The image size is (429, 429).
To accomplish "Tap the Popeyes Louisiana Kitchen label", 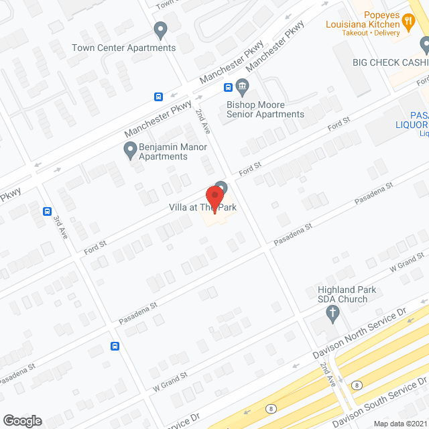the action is pyautogui.click(x=363, y=20).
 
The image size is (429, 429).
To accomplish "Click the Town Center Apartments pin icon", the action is pyautogui.click(x=160, y=30).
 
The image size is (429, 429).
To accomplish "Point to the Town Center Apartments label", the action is pyautogui.click(x=124, y=48).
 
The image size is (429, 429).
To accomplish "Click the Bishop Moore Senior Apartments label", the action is pyautogui.click(x=265, y=109).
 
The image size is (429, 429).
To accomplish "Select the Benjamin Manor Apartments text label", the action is pyautogui.click(x=163, y=151).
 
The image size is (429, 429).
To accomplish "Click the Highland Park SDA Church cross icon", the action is pyautogui.click(x=332, y=313).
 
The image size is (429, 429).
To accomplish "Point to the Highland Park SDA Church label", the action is pyautogui.click(x=342, y=294).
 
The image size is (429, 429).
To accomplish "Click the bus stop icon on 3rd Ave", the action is pyautogui.click(x=48, y=211).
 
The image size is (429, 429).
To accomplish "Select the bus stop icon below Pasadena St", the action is pyautogui.click(x=115, y=347).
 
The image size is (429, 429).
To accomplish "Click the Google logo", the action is pyautogui.click(x=23, y=420).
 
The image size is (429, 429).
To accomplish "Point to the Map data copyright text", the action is pyautogui.click(x=400, y=424).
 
